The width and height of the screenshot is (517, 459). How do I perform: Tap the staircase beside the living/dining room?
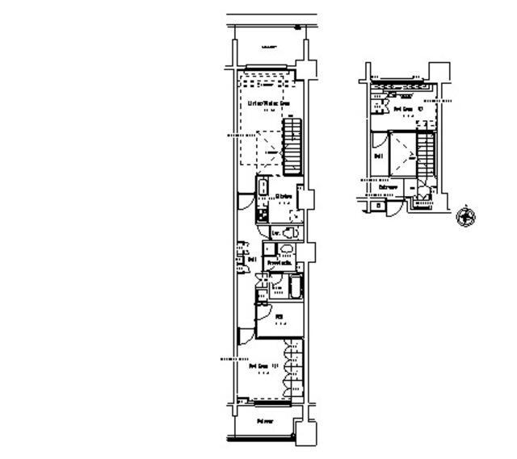click(x=292, y=145)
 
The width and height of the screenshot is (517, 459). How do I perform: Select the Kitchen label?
click(x=283, y=196)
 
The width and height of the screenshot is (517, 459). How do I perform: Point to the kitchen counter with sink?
click(x=263, y=200)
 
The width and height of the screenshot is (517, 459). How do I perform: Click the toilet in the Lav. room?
click(x=288, y=233)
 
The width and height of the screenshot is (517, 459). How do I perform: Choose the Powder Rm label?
click(x=280, y=263)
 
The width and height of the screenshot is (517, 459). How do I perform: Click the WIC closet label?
click(x=278, y=317)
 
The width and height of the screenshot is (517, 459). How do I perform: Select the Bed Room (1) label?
click(x=263, y=366)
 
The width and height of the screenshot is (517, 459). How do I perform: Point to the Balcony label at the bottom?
click(x=264, y=421)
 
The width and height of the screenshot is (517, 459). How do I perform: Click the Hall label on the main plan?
click(x=252, y=260)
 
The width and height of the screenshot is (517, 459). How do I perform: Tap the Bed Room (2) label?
click(x=404, y=108)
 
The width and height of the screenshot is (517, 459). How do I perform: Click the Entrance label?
click(x=389, y=187)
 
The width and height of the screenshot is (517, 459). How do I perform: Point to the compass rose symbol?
click(x=465, y=216)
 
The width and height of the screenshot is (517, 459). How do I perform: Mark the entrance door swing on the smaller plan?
click(x=390, y=208)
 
